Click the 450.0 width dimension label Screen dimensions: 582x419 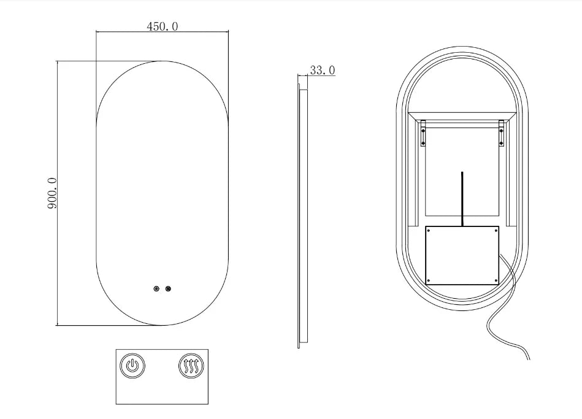point(162,26)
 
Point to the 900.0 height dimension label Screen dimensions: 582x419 point(52,193)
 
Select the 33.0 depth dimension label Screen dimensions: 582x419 point(322,70)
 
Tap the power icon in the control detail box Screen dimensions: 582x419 point(132,366)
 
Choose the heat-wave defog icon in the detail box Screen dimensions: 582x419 point(191,366)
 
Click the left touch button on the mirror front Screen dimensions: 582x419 point(156,288)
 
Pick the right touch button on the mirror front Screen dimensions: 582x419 point(168,288)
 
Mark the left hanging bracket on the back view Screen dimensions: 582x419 point(423,133)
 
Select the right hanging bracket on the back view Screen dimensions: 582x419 point(502,133)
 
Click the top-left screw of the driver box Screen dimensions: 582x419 point(429,230)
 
